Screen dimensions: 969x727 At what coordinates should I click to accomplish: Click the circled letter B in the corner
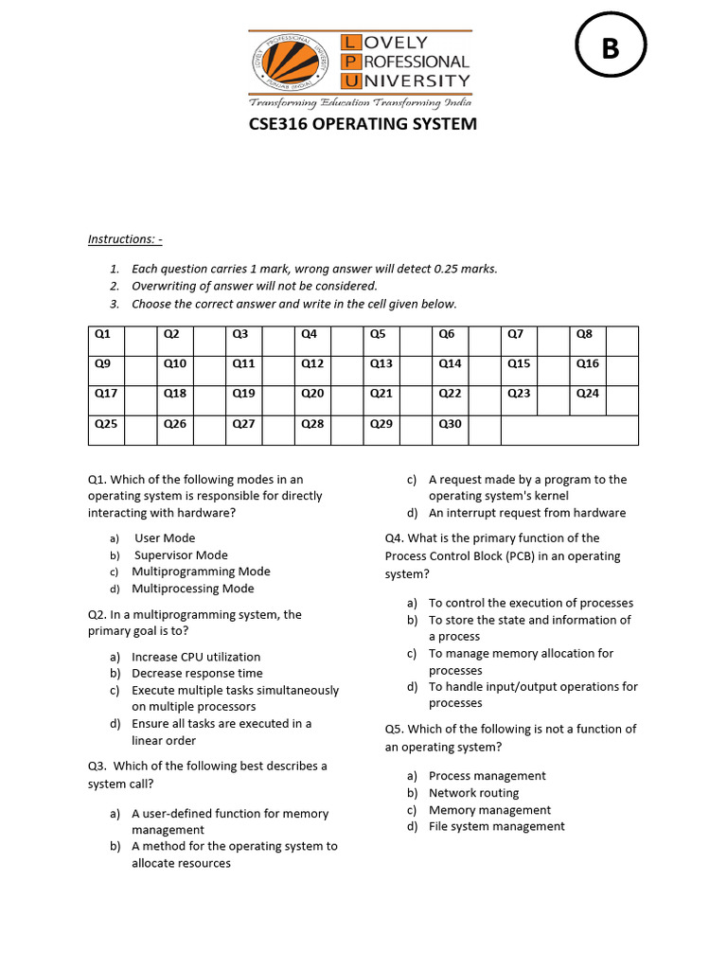point(611,48)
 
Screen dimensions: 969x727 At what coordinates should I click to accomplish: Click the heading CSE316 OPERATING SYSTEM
point(363,125)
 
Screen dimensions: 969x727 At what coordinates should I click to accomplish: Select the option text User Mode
point(165,538)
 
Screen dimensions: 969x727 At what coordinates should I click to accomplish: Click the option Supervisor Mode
point(180,555)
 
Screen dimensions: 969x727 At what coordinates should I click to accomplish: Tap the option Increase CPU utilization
point(196,657)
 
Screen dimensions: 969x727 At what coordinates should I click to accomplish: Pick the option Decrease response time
point(197,674)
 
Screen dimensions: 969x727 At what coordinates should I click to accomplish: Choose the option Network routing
point(473,793)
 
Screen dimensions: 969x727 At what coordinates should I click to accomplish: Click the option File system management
point(496,826)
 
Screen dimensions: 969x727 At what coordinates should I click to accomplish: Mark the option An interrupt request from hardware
point(527,513)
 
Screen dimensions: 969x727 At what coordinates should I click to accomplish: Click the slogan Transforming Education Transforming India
point(361,102)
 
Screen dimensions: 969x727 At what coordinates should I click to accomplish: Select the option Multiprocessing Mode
point(193,589)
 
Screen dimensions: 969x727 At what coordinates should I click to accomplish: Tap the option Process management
point(487,776)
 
